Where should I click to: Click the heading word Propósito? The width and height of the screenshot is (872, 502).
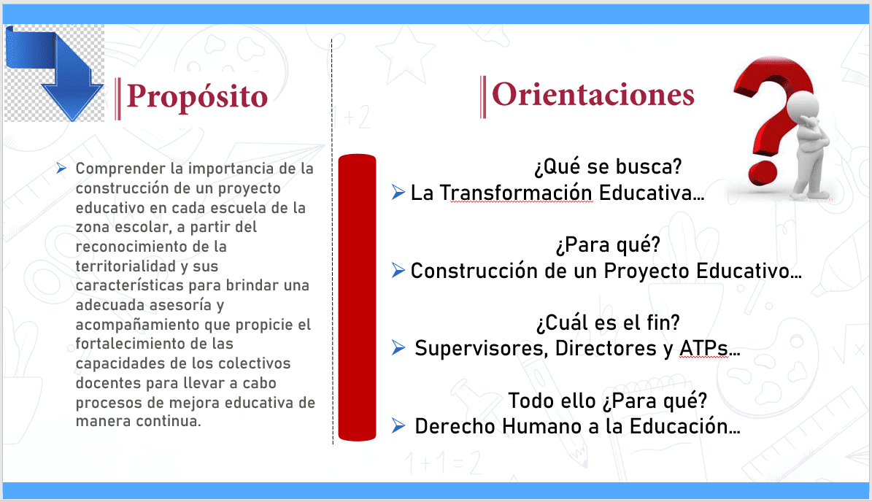coord(197,97)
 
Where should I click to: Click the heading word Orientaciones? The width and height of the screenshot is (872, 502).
coord(593,95)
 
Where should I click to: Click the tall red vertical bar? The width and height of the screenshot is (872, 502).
coord(357,298)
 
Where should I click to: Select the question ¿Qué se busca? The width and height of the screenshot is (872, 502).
coord(608,166)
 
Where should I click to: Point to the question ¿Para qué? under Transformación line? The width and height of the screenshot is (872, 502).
coord(608,244)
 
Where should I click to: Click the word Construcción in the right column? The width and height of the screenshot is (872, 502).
coord(474,271)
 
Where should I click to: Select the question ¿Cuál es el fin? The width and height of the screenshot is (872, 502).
coord(608,323)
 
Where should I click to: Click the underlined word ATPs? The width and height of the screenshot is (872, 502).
coord(703,349)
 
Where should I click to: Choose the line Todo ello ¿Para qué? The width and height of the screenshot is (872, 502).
coord(607,401)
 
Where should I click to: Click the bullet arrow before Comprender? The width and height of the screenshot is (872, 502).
coord(61,168)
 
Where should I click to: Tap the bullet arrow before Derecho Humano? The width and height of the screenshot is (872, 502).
coord(398,426)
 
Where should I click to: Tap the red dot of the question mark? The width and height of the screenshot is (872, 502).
coord(763,174)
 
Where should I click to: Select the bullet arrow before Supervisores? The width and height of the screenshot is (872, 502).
coord(398,348)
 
